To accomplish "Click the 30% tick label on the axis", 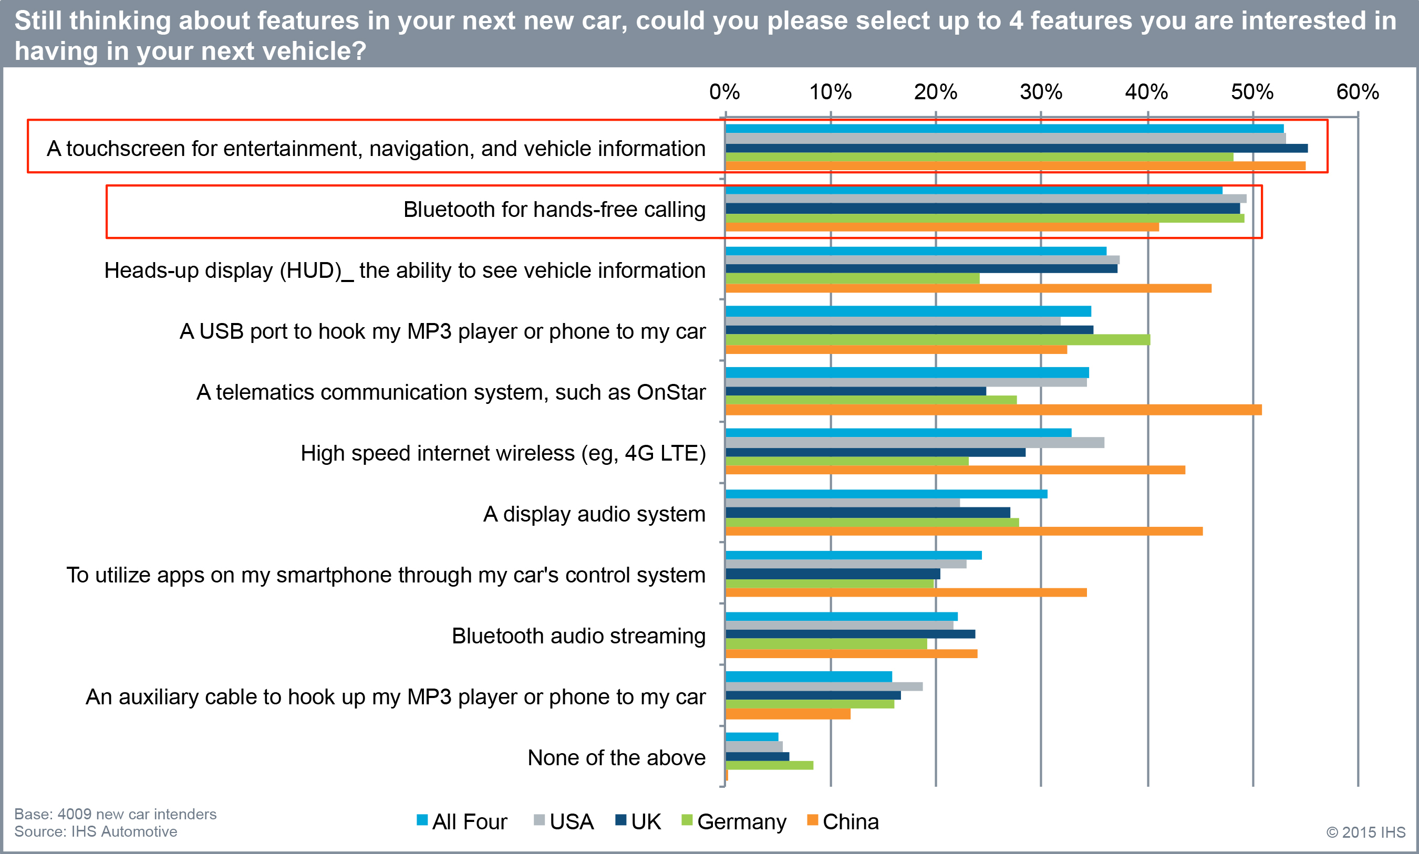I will tap(1041, 92).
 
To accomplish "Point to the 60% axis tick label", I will tap(1358, 92).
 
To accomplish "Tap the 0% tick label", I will tap(724, 92).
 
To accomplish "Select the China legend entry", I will tap(843, 822).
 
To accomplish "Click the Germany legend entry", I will tap(734, 822).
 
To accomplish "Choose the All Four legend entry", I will tap(462, 822).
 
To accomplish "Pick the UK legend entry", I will tap(638, 822).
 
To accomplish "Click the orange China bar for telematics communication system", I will tap(993, 410).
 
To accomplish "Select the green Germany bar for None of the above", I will tap(769, 765).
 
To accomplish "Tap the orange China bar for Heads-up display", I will tap(968, 288).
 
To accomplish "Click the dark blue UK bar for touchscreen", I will tap(1016, 149).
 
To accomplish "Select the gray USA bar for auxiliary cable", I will tap(824, 686).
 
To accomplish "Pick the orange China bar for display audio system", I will tap(964, 531).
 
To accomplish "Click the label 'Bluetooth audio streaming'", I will tap(578, 636).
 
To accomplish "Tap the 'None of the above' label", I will tap(616, 758).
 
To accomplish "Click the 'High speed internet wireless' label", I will tap(503, 453).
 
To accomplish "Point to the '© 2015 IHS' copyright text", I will tap(1365, 832).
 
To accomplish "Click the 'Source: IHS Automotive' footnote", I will tap(96, 831).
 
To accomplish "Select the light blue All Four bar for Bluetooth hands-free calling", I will tap(973, 190).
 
